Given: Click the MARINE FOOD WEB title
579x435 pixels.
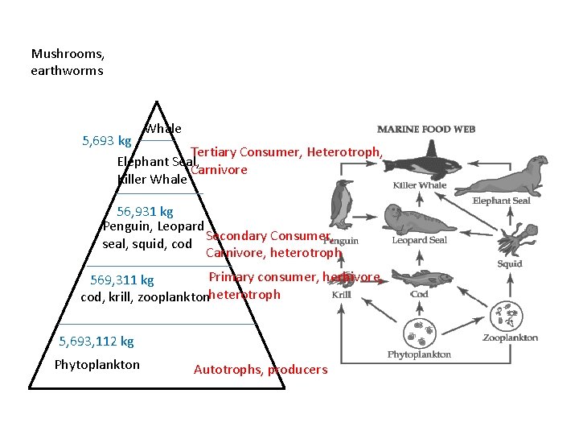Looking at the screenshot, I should click(426, 129).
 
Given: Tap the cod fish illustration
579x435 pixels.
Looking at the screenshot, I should click(418, 278).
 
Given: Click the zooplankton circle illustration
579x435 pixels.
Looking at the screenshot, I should click(509, 317).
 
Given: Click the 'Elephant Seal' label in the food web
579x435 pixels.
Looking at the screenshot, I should click(501, 201).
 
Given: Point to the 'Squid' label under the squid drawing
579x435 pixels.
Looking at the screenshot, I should click(509, 263).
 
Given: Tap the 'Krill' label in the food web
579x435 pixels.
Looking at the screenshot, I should click(341, 295).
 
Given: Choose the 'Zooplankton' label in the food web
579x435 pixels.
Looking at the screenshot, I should click(511, 338).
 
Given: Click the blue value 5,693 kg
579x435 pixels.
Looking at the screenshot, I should click(108, 140).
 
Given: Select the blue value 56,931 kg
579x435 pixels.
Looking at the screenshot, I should click(145, 212).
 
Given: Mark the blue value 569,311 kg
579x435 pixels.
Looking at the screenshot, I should click(122, 280).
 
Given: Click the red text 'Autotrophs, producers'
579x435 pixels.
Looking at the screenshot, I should click(261, 370).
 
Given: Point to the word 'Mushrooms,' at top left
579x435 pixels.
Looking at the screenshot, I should click(68, 54).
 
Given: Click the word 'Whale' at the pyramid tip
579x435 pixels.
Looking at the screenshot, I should click(163, 129).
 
